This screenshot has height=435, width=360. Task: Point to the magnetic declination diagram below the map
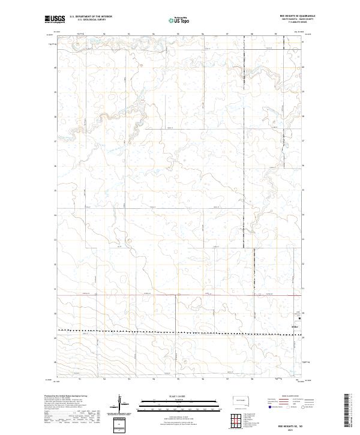[120, 403]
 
